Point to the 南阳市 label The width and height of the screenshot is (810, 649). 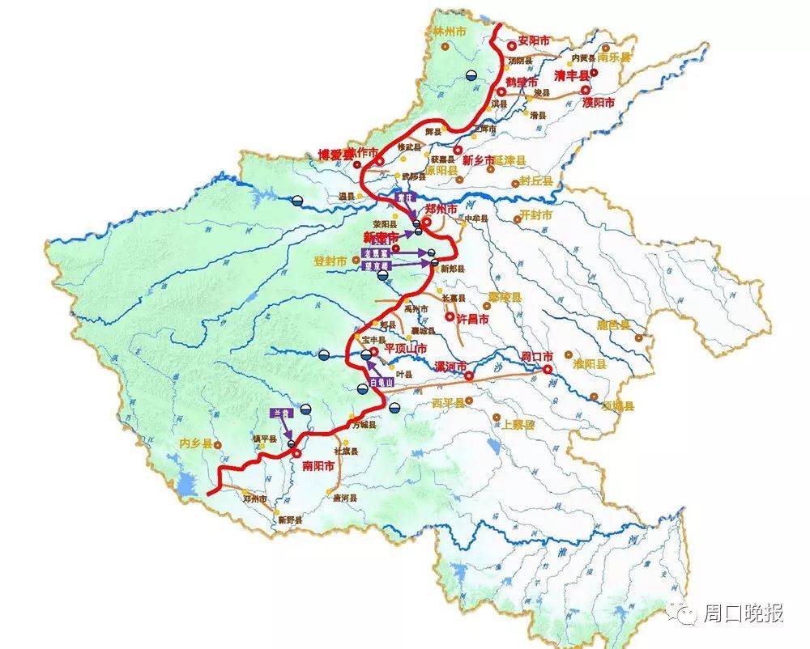[x=318, y=466]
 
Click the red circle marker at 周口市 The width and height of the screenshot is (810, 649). [x=548, y=369]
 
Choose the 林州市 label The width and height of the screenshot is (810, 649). [x=446, y=33]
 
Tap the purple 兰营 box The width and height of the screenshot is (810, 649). [x=280, y=412]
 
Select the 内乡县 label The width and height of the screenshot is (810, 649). [x=195, y=444]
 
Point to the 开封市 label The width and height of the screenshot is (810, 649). [x=535, y=216]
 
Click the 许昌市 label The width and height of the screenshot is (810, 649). [x=473, y=320]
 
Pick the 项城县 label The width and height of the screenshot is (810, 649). [x=618, y=406]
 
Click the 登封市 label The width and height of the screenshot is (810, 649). [x=331, y=261]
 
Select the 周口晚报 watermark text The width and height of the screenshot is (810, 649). [x=743, y=613]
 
